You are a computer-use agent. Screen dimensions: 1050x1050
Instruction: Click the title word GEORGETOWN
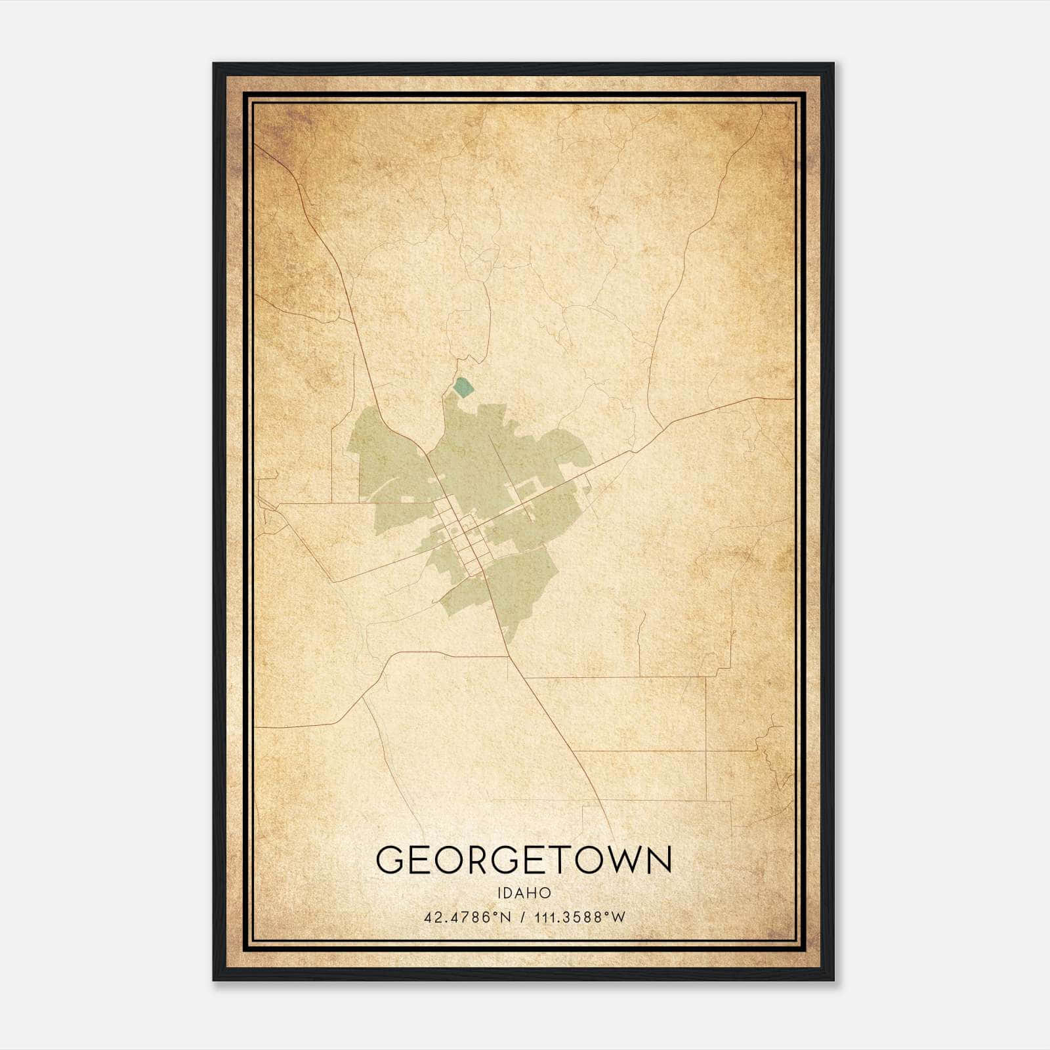point(524,860)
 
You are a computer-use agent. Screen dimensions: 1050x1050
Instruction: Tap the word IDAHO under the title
point(524,893)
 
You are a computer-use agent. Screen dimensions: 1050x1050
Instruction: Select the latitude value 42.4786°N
point(467,917)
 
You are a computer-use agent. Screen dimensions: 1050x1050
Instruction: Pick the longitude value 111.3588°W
point(580,917)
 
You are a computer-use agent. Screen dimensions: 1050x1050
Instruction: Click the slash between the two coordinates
point(522,917)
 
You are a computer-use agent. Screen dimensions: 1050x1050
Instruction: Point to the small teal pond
point(463,387)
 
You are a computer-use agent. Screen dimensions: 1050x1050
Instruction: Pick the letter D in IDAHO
point(509,893)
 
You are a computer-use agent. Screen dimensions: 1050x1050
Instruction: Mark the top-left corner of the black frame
point(214,64)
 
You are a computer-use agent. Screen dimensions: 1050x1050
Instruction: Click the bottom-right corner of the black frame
point(833,980)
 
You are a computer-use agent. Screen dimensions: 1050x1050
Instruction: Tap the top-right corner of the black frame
point(833,64)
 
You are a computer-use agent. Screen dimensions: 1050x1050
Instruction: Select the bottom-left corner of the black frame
point(214,980)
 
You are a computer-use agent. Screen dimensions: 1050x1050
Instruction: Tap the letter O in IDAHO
point(545,893)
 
